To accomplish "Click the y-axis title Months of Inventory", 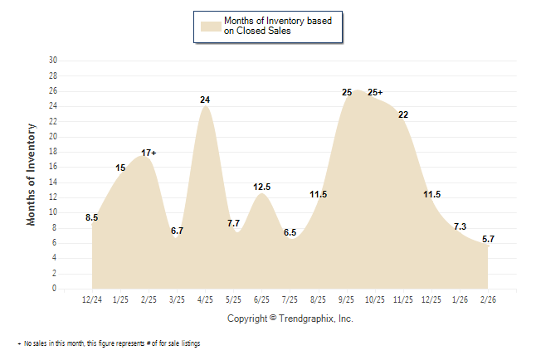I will tap(32, 174).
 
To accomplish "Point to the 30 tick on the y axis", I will tap(53, 61).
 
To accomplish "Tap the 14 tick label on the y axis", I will tap(53, 182).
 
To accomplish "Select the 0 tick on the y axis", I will tap(55, 289).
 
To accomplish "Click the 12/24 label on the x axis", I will tap(92, 299).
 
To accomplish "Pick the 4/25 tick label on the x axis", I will tap(205, 299).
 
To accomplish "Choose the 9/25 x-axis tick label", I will tap(347, 299).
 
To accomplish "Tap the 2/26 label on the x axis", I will tap(488, 299).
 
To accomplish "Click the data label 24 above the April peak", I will tap(205, 100).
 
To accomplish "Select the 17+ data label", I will tap(149, 153).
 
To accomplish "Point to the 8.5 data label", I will tap(92, 218).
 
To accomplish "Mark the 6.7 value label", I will tap(177, 231).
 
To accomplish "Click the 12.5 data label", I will tap(262, 187).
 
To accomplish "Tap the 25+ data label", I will tap(376, 92).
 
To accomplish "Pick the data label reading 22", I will tap(403, 114).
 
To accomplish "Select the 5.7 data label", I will tap(488, 239).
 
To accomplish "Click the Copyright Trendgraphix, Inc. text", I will tap(290, 319).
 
